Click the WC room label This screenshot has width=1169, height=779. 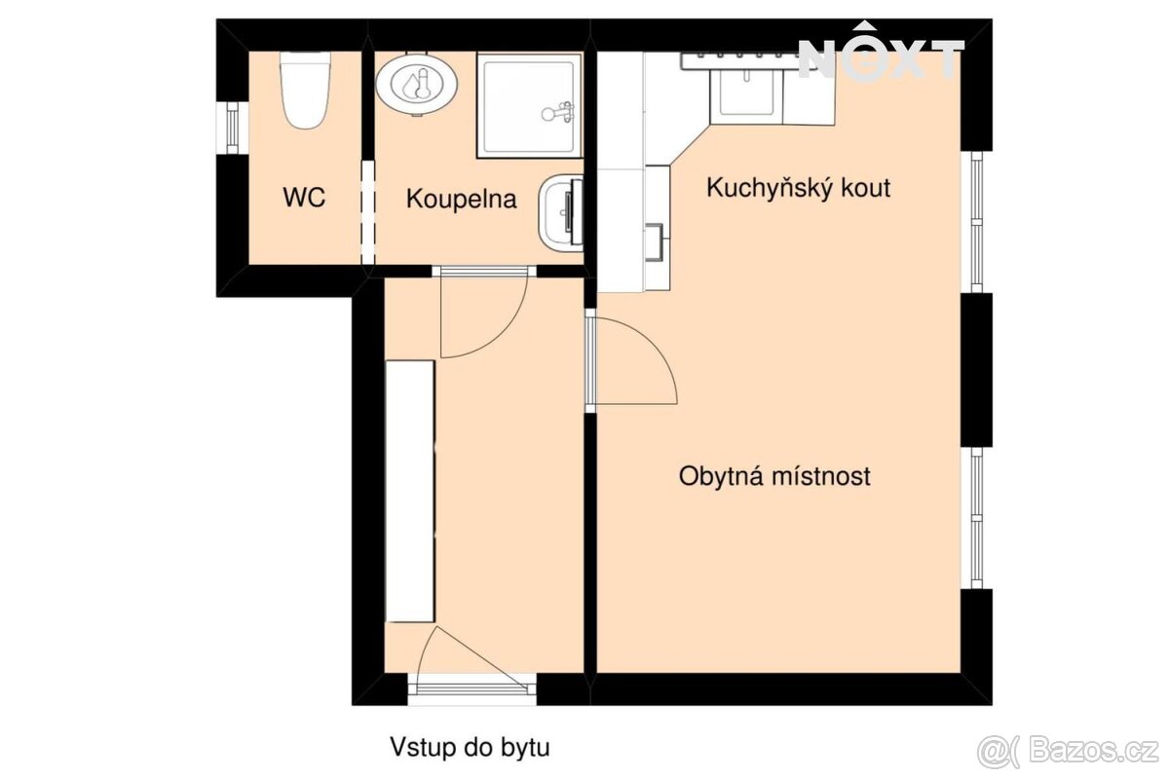click(304, 199)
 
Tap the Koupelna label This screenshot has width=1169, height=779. click(461, 200)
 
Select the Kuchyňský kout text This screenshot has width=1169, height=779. click(798, 187)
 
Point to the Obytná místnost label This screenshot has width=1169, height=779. click(774, 477)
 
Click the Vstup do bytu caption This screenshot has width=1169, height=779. click(470, 748)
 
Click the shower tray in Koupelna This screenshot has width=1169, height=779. click(529, 105)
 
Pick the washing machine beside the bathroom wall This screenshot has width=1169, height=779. click(560, 213)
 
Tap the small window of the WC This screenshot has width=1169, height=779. click(232, 127)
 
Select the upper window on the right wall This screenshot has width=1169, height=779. click(976, 221)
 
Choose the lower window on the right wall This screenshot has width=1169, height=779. click(976, 517)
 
